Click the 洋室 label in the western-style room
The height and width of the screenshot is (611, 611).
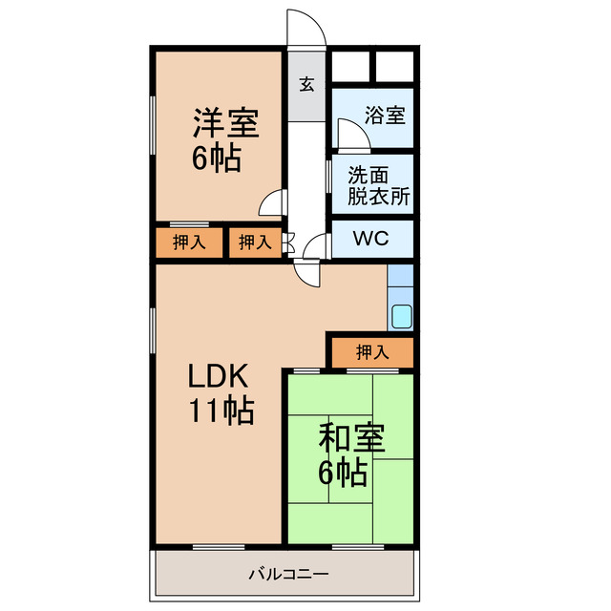pos(226,123)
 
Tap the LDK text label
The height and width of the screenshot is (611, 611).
pos(218,374)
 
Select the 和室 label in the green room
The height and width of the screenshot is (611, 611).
pos(351,438)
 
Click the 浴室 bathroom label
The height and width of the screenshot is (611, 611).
pos(386,116)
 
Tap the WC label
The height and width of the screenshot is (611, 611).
pos(371,239)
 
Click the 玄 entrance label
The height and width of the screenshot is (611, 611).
pos(306,84)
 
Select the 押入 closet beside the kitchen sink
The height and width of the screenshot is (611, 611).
pos(372,352)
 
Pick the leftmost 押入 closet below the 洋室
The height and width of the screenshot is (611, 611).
pos(189,242)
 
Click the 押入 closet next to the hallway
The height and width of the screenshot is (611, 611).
pos(254,242)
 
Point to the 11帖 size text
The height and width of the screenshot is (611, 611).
pos(220,411)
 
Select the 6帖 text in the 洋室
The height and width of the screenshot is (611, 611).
pos(217,158)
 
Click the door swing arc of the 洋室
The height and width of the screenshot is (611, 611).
pos(273,202)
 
